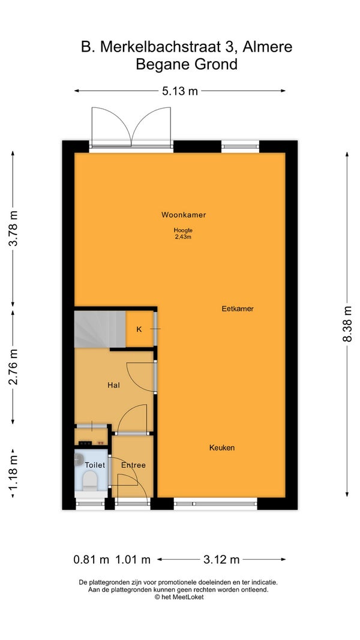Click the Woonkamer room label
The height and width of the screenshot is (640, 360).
point(183,215)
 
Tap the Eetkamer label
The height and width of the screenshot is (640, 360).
point(238,308)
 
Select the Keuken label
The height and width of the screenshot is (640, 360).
point(221,447)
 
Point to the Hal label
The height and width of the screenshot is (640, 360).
point(113,385)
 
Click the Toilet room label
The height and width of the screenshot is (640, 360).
point(95,465)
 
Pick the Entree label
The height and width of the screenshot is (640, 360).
point(133,465)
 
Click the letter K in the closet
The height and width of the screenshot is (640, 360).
point(139,329)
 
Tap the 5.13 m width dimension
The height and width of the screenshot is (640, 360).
point(180,91)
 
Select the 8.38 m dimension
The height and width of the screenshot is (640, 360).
point(347,324)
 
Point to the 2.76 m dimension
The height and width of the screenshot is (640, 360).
point(13,367)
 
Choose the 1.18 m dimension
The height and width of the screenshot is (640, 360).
point(13,473)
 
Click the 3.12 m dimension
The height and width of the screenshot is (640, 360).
point(221,559)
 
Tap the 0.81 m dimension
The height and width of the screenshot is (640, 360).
point(91,559)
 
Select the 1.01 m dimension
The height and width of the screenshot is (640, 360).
point(133,559)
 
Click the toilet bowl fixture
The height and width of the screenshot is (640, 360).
point(89,481)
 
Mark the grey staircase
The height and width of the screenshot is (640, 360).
point(100,329)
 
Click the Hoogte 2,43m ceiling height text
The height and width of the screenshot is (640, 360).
point(183,233)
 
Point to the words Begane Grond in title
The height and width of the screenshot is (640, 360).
point(187,65)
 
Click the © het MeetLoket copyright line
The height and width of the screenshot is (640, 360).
point(179,597)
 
